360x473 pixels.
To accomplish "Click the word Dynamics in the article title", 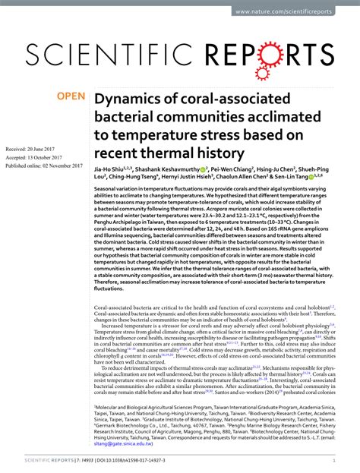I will [129, 100].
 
